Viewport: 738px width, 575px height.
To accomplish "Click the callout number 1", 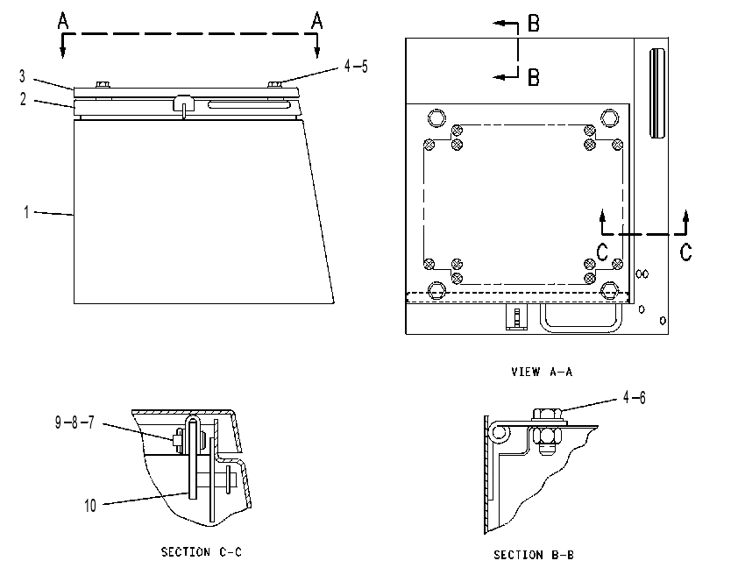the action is click(27, 212).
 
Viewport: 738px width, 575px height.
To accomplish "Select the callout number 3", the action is click(22, 76).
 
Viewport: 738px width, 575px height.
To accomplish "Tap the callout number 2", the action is click(23, 99).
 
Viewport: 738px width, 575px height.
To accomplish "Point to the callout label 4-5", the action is click(356, 66).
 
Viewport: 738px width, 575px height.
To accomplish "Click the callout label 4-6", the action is click(634, 398).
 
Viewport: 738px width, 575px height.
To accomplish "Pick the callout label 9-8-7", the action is click(75, 422).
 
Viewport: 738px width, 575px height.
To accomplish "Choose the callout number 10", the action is click(90, 506).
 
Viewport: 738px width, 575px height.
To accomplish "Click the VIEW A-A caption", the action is click(542, 372).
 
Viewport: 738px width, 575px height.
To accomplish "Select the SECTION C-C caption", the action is click(202, 552).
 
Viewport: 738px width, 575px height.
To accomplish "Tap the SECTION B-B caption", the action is click(534, 555).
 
